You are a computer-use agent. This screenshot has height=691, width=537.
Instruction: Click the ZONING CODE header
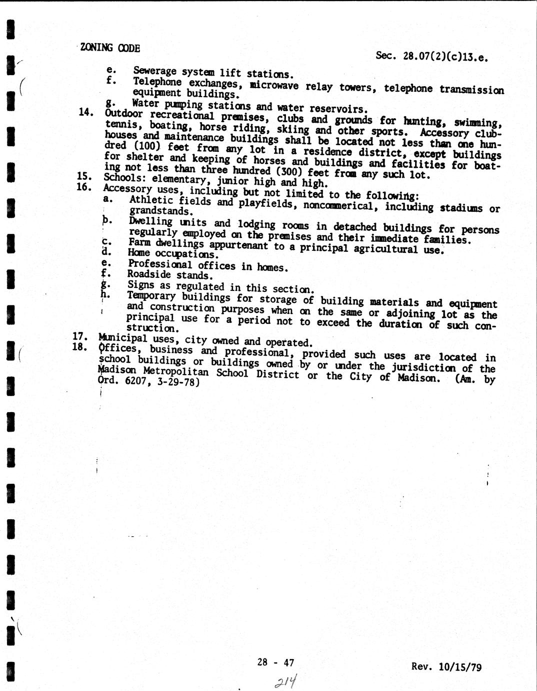pyautogui.click(x=109, y=48)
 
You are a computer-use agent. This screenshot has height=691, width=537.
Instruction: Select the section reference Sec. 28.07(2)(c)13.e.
pyautogui.click(x=431, y=57)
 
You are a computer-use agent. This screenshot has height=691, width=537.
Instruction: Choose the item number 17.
pyautogui.click(x=80, y=336)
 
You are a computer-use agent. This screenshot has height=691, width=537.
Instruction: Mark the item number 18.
pyautogui.click(x=80, y=346)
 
